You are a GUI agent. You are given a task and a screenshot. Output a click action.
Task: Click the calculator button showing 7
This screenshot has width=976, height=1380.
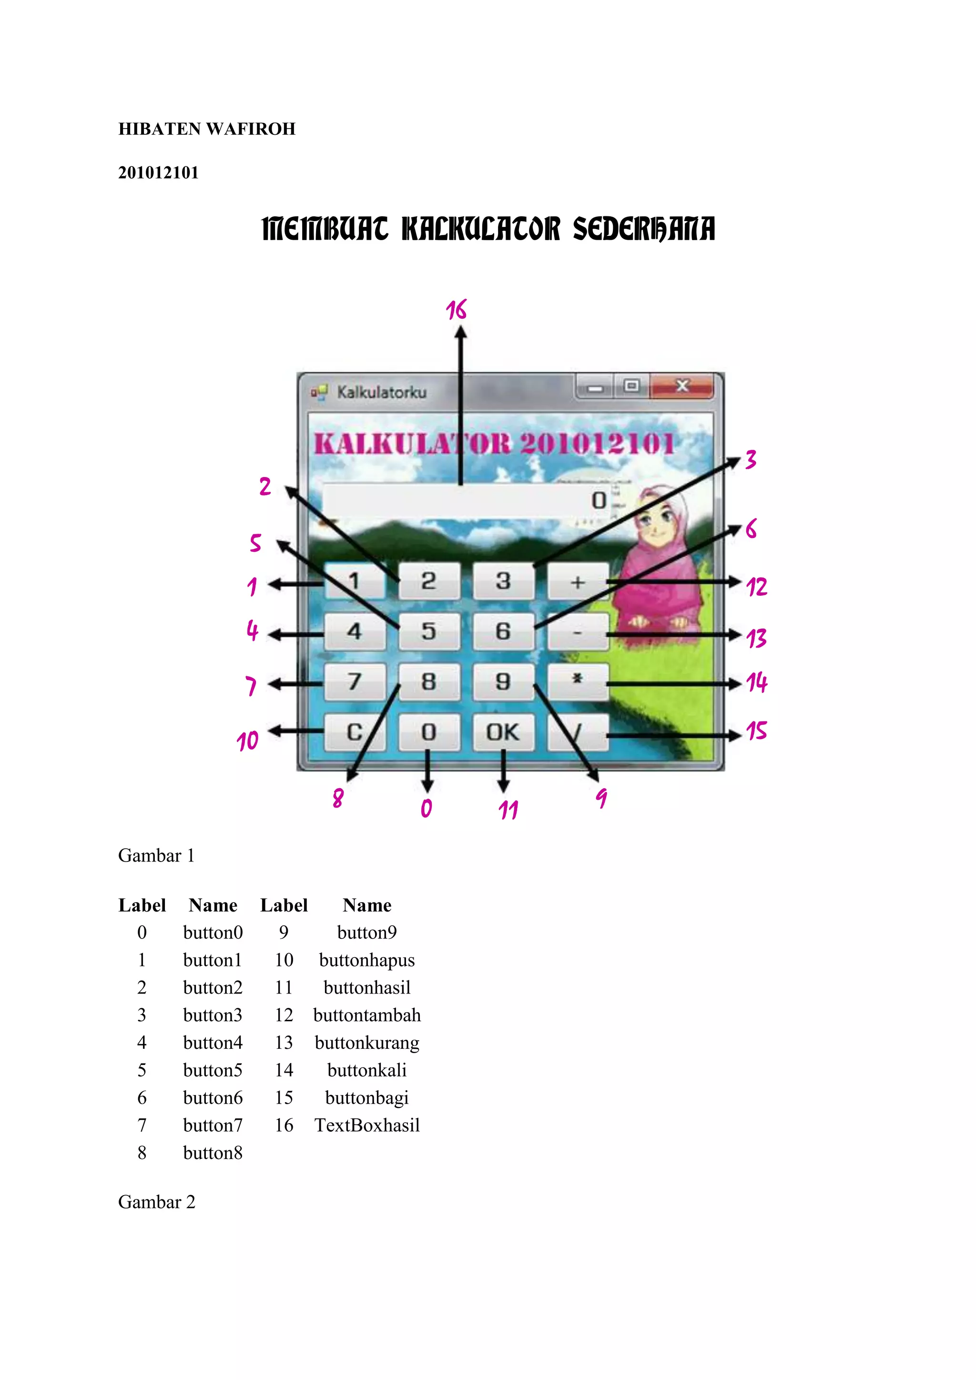[355, 681]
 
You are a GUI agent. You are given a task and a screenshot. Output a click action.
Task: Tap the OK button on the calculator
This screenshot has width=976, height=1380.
[503, 732]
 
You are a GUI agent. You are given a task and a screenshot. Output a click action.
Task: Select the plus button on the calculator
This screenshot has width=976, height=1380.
[578, 581]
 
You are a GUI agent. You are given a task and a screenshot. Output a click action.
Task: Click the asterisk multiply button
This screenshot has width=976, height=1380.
[578, 680]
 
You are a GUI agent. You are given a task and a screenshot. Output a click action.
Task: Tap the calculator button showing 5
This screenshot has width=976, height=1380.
[428, 631]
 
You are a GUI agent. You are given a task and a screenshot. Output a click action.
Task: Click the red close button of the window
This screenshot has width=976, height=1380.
[681, 386]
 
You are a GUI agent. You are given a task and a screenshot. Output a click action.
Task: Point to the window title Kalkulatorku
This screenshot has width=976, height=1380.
[382, 393]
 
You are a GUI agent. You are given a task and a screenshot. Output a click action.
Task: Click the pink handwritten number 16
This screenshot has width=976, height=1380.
[456, 310]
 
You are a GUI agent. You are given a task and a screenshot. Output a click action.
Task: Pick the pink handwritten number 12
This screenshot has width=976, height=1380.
[757, 587]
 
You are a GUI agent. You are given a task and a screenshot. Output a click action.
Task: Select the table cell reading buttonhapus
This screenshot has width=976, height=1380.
[366, 960]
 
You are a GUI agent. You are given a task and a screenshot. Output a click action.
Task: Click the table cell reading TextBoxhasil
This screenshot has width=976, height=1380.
[366, 1125]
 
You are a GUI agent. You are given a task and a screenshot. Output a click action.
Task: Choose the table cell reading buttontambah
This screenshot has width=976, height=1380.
[366, 1015]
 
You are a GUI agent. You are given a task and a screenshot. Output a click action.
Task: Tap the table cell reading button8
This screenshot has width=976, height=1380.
[213, 1153]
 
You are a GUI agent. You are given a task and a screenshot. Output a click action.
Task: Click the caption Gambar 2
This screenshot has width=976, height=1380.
[157, 1202]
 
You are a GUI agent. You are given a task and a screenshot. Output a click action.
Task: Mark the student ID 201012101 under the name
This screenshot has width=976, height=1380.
[158, 173]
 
